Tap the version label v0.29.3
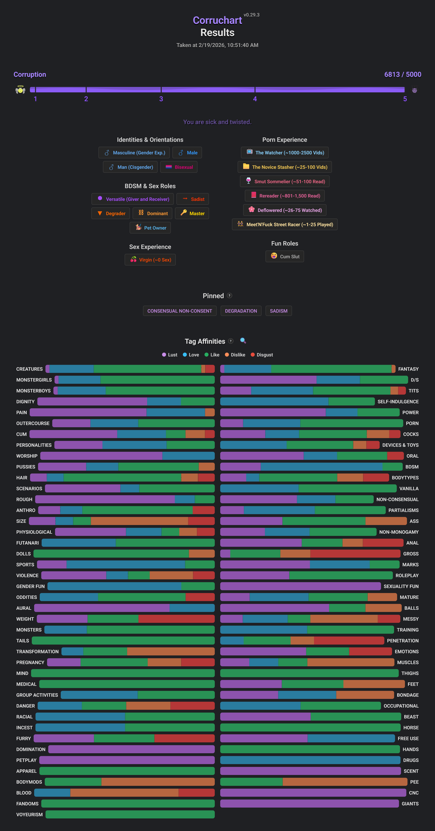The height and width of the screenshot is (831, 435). [251, 15]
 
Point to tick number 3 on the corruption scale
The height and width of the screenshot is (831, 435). [161, 99]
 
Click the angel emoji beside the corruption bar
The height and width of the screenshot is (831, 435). [20, 90]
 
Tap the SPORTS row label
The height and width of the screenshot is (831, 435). [25, 565]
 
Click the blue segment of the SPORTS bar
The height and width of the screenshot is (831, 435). [126, 565]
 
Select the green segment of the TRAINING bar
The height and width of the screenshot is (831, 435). [350, 630]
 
